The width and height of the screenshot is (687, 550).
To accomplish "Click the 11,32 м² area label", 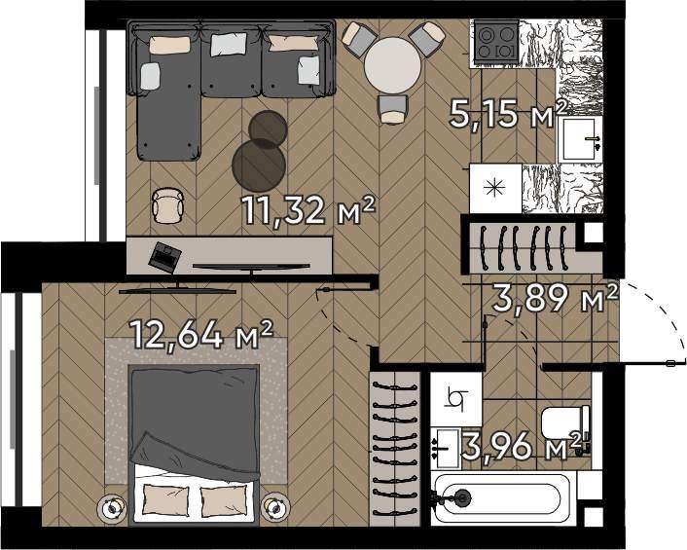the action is click(308, 210).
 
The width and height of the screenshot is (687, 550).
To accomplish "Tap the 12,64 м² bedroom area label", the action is click(202, 334).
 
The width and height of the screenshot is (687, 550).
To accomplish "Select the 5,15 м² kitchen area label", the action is click(508, 113).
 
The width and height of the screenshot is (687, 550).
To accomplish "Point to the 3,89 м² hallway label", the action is click(556, 298).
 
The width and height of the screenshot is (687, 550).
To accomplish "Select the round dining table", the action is click(392, 65).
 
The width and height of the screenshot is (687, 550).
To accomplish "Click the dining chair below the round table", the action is click(393, 109).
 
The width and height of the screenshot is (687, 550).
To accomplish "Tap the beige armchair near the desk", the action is click(167, 205).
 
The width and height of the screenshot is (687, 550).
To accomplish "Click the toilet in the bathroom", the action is click(566, 422).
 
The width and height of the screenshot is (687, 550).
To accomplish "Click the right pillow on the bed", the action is click(222, 500).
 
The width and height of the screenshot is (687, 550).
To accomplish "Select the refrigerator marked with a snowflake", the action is click(495, 189).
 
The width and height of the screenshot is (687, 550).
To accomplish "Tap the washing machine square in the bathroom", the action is click(456, 399).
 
